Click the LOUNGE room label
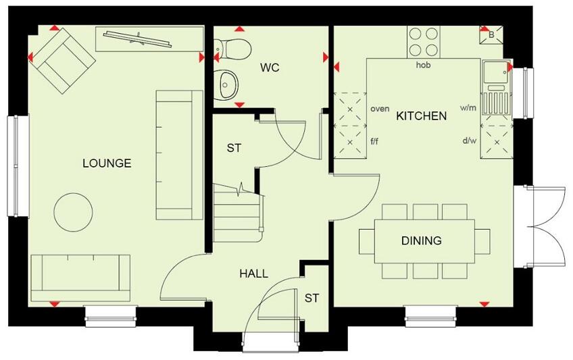(x=107, y=163)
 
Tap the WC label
(x=270, y=68)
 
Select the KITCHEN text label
(x=421, y=115)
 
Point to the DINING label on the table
(x=422, y=240)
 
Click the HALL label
(x=253, y=274)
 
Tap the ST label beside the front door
(x=312, y=298)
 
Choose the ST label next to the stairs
(x=234, y=148)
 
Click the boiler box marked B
(x=491, y=34)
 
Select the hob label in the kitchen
(x=423, y=65)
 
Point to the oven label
(x=380, y=108)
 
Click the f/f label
(x=375, y=141)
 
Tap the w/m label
(x=468, y=107)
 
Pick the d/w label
(x=468, y=140)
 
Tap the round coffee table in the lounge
(x=74, y=212)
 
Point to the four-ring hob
(x=423, y=41)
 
